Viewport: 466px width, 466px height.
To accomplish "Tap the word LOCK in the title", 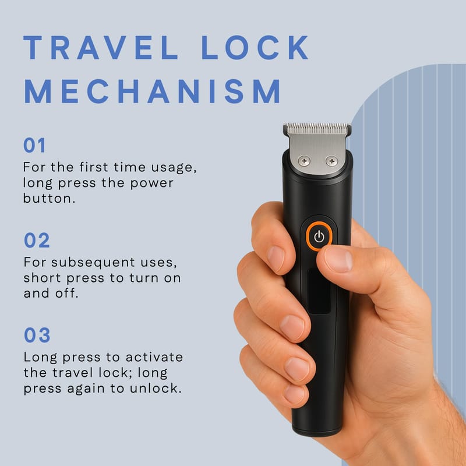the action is coord(255,48).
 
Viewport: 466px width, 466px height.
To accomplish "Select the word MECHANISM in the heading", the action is coord(153,91).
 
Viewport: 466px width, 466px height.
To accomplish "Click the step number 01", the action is coord(34,145).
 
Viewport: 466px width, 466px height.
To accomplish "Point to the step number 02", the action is coord(37,240).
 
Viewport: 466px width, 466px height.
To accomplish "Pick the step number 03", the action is coord(37,335).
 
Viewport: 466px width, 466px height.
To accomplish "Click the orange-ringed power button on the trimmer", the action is coord(319,236).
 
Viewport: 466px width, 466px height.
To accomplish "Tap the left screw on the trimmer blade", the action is coord(304,161).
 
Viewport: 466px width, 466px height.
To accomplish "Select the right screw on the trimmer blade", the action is coord(331,161).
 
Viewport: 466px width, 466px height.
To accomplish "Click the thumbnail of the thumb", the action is coord(338,259).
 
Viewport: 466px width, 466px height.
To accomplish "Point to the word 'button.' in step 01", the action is coord(50,199).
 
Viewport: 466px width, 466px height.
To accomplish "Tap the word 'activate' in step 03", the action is coord(154,357).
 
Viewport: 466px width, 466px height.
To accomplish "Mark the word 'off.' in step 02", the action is coord(67,293).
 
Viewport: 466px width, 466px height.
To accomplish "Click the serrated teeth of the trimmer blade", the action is coord(317,128).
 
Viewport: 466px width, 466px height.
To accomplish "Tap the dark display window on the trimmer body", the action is coord(319,291).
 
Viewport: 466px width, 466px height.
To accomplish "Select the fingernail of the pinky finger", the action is coord(294,394).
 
